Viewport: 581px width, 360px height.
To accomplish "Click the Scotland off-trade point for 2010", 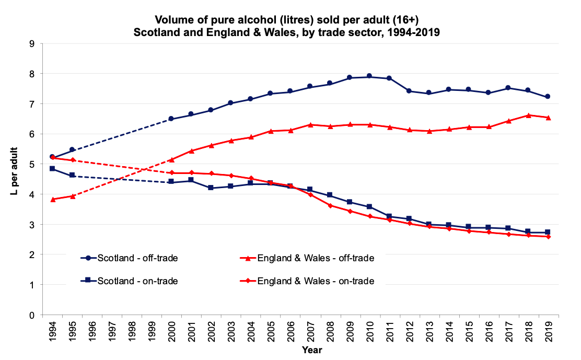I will pyautogui.click(x=369, y=76).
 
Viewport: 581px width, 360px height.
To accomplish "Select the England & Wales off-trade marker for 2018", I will pyautogui.click(x=528, y=115).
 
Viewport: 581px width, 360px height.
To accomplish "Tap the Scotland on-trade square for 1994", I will pyautogui.click(x=53, y=169).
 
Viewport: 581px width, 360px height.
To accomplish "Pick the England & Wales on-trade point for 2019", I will pyautogui.click(x=548, y=237).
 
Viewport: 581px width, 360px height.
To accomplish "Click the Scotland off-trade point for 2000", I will pyautogui.click(x=172, y=119).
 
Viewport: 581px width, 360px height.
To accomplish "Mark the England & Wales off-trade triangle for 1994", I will pyautogui.click(x=53, y=200).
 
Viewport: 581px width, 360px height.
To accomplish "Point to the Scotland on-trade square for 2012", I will pyautogui.click(x=409, y=218).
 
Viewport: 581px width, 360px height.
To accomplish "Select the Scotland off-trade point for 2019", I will pyautogui.click(x=548, y=97).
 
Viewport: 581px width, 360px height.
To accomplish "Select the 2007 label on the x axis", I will pyautogui.click(x=310, y=330).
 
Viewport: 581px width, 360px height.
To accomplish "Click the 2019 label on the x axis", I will pyautogui.click(x=548, y=330).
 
